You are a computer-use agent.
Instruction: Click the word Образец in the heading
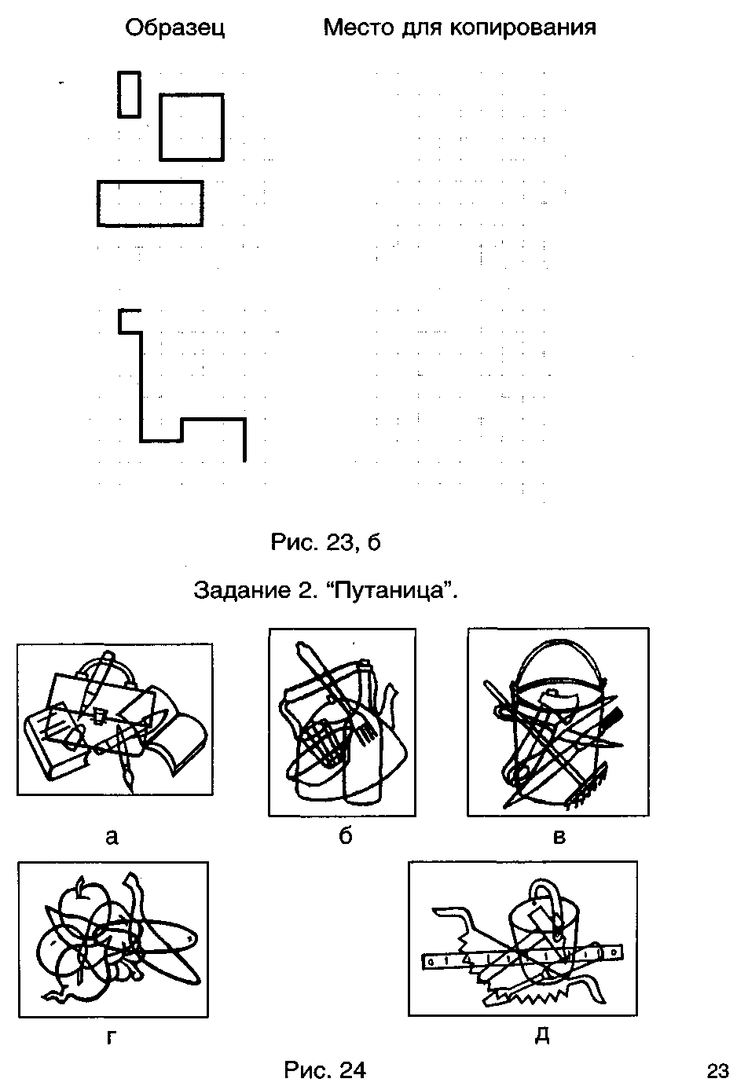[174, 28]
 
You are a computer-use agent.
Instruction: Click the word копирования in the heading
[522, 28]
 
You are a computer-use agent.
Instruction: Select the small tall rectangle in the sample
[129, 94]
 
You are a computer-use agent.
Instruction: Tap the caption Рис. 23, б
[325, 542]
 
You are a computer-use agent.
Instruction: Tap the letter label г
[112, 1037]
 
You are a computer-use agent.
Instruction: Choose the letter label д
[542, 1036]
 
